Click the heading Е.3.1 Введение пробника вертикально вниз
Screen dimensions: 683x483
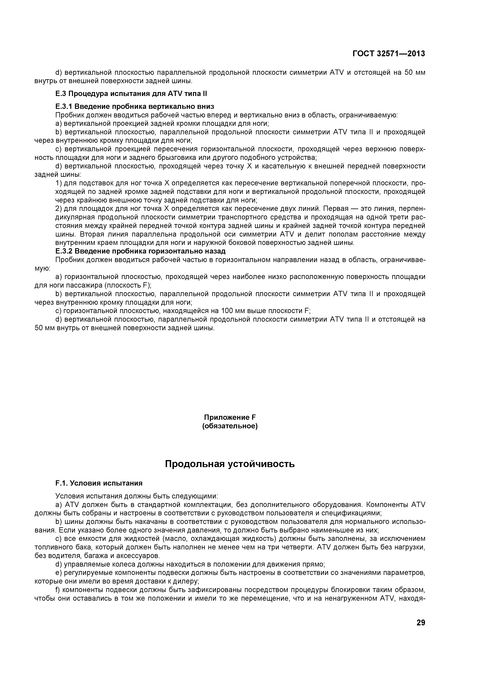point(135,106)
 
